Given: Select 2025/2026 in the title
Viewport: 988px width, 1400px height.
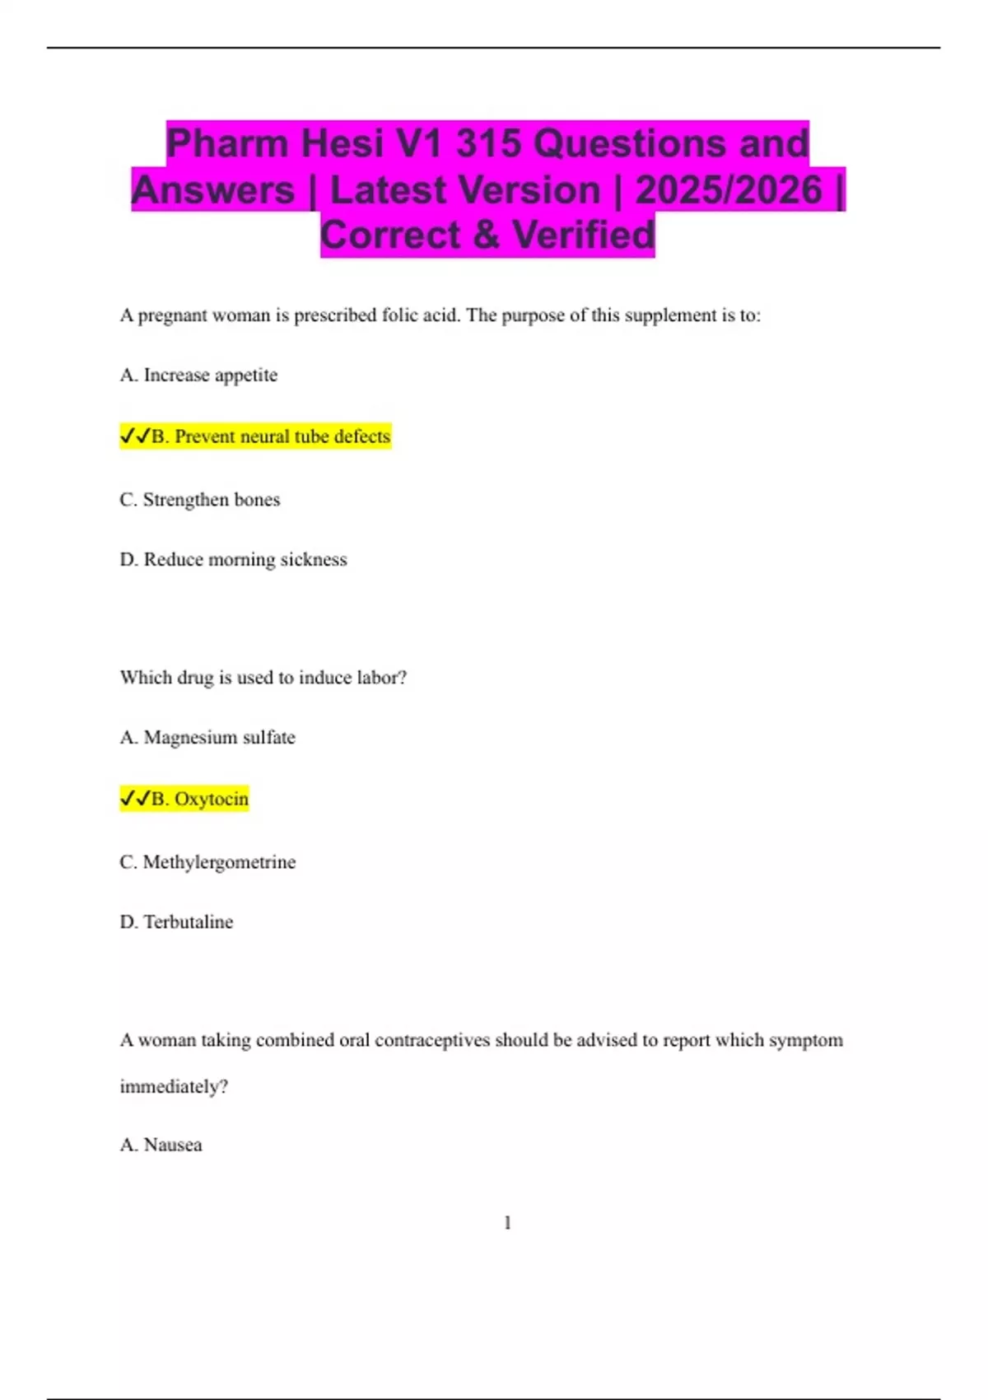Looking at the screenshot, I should [729, 189].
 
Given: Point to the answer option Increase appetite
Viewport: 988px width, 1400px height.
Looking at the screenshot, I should [210, 376].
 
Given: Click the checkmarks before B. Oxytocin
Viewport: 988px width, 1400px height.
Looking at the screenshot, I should [135, 799].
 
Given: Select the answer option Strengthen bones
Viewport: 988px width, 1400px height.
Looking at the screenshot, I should [211, 500].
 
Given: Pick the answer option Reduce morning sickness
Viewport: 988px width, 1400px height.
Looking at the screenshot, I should [245, 560].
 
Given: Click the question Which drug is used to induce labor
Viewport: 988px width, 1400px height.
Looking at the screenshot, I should [263, 678].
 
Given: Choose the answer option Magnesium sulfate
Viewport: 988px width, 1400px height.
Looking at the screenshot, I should [219, 738].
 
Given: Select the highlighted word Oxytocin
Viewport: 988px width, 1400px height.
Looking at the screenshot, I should [211, 799].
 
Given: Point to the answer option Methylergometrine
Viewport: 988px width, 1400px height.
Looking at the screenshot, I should [219, 862].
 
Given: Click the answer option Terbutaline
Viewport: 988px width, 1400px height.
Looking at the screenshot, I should [188, 922].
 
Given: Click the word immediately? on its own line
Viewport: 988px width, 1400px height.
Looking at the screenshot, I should [174, 1087].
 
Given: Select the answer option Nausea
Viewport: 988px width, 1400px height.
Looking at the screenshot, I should [172, 1145].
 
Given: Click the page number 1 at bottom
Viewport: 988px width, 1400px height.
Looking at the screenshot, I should [507, 1223].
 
